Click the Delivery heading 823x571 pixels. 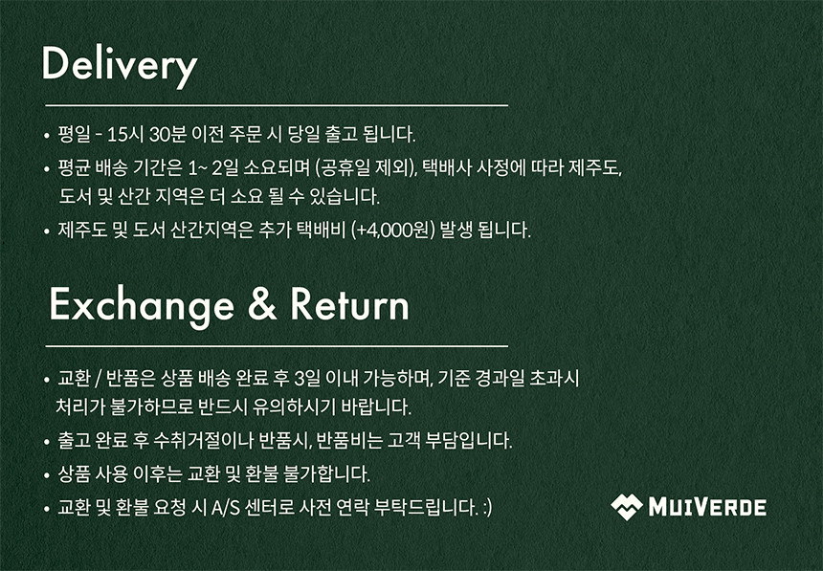tap(120, 66)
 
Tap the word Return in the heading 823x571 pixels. tap(349, 304)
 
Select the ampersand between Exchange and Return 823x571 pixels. tap(262, 304)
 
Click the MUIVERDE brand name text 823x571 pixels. tap(707, 508)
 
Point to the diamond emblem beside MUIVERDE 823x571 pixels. tap(626, 507)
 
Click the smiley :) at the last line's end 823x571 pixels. tap(487, 508)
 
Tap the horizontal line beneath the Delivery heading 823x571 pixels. tap(277, 105)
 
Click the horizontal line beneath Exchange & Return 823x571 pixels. tap(277, 346)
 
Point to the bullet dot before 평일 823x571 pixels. tap(47, 136)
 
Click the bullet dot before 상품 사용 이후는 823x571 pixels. tap(47, 476)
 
